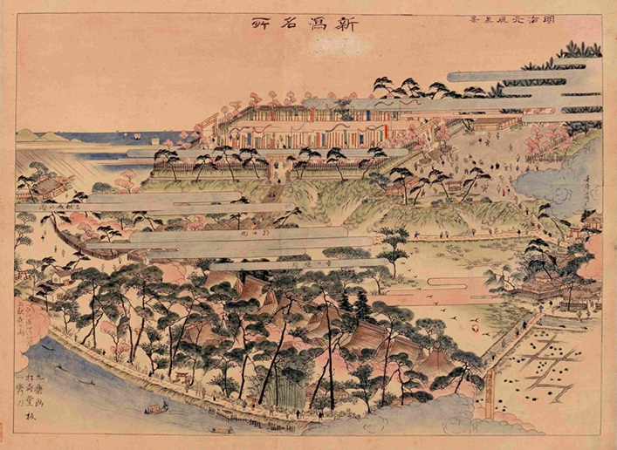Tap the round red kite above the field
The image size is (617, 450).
(475, 330)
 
